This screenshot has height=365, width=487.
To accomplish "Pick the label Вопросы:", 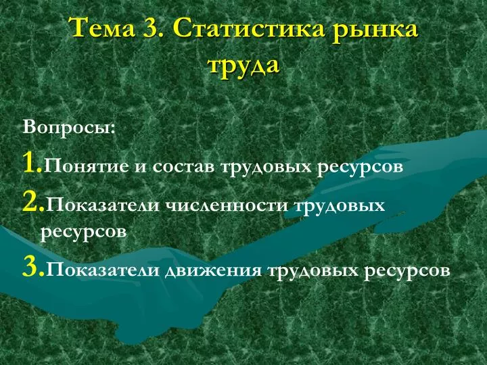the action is (69, 128).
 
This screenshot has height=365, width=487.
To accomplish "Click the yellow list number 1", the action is (32, 162).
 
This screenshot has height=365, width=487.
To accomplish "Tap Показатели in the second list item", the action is (102, 205).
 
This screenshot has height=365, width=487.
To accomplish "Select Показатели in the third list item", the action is (102, 270).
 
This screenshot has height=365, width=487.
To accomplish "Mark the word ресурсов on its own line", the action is (83, 233).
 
